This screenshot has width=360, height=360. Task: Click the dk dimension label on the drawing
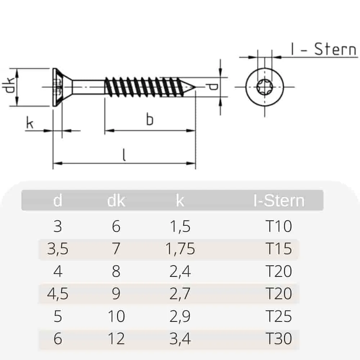pyautogui.click(x=10, y=86)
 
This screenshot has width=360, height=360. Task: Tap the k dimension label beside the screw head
pyautogui.click(x=30, y=123)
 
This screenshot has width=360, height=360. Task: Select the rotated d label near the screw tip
pyautogui.click(x=213, y=87)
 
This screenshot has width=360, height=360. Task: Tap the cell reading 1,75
pyautogui.click(x=180, y=249)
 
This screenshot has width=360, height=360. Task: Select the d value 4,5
pyautogui.click(x=58, y=294)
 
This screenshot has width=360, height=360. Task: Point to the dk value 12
pyautogui.click(x=116, y=339)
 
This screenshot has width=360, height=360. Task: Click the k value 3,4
pyautogui.click(x=180, y=339)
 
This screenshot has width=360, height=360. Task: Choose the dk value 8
pyautogui.click(x=116, y=271)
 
